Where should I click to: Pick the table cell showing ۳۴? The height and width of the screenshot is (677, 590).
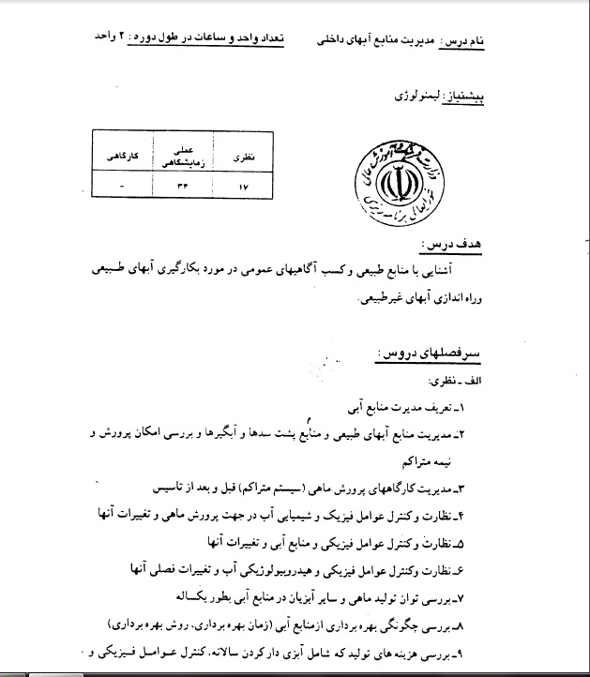pyautogui.click(x=181, y=187)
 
